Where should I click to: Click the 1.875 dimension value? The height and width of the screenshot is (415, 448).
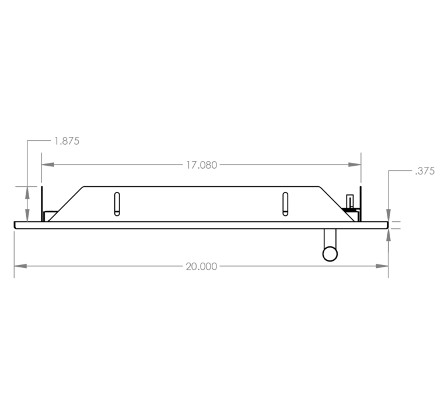pyautogui.click(x=67, y=141)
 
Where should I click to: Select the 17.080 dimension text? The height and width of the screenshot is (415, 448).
pyautogui.click(x=202, y=165)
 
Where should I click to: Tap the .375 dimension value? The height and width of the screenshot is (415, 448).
pyautogui.click(x=425, y=171)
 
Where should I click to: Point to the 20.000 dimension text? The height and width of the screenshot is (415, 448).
pyautogui.click(x=201, y=267)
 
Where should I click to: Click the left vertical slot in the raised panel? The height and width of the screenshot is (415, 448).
pyautogui.click(x=117, y=204)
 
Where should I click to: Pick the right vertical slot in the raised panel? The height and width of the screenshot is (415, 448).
pyautogui.click(x=285, y=204)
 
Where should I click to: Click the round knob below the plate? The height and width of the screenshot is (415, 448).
pyautogui.click(x=330, y=254)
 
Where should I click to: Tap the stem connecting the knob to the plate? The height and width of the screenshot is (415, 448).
pyautogui.click(x=330, y=238)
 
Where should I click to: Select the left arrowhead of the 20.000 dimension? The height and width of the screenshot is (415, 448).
pyautogui.click(x=20, y=266)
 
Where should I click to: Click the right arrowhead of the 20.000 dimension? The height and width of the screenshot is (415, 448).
pyautogui.click(x=382, y=266)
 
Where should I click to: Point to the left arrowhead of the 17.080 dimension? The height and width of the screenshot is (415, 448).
pyautogui.click(x=48, y=165)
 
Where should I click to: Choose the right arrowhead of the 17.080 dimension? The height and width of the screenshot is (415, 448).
pyautogui.click(x=355, y=165)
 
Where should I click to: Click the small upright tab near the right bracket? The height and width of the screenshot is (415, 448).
pyautogui.click(x=350, y=201)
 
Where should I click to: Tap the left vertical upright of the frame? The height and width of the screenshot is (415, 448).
pyautogui.click(x=42, y=204)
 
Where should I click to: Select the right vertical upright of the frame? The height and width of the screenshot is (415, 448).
pyautogui.click(x=360, y=204)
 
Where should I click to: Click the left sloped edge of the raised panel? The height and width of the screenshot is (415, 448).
pyautogui.click(x=65, y=204)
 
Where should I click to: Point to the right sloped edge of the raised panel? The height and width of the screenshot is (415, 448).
pyautogui.click(x=337, y=204)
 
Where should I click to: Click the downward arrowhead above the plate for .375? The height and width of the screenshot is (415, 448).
pyautogui.click(x=388, y=215)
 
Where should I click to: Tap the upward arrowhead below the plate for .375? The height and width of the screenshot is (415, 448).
pyautogui.click(x=388, y=235)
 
